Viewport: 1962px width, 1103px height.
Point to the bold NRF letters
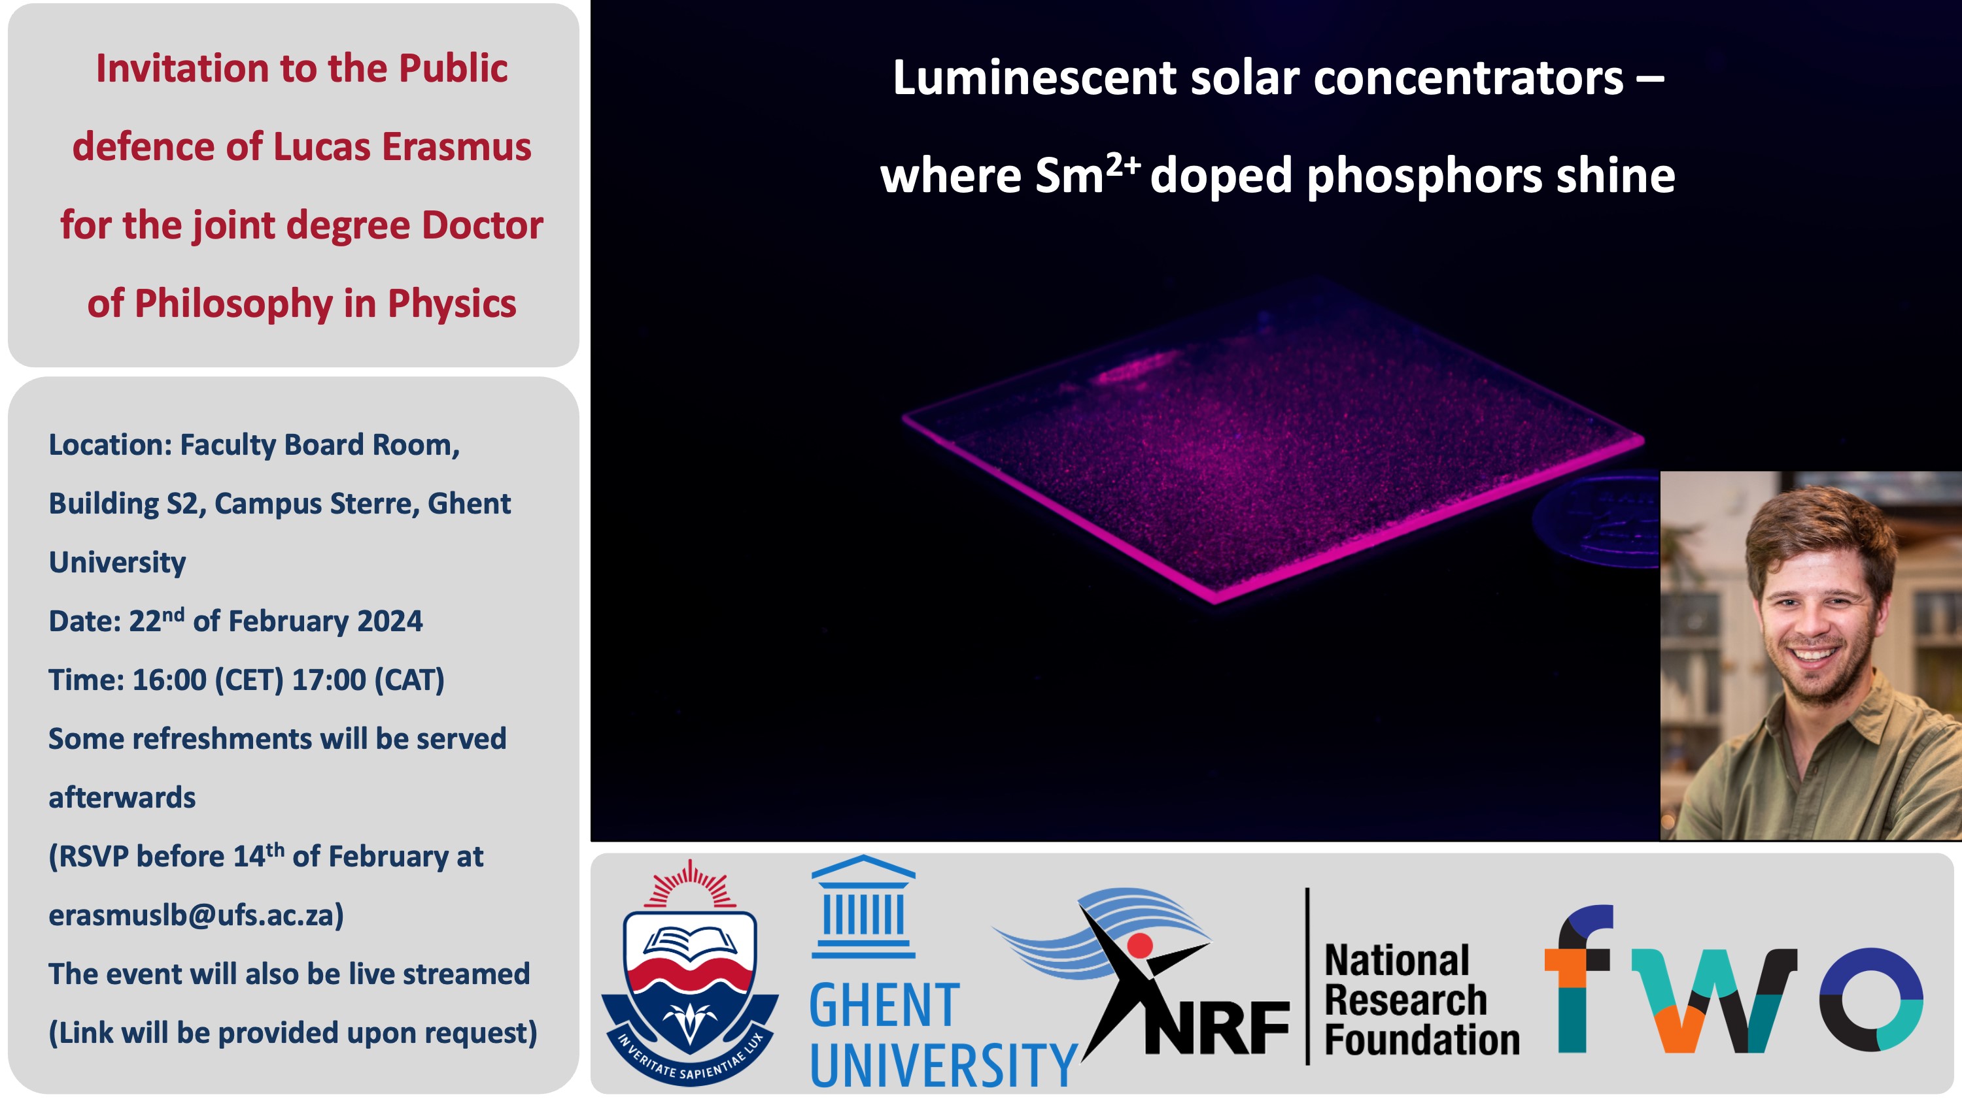1217,1029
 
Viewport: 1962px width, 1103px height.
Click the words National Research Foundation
1421,1000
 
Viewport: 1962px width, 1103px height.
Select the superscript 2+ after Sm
1123,165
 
